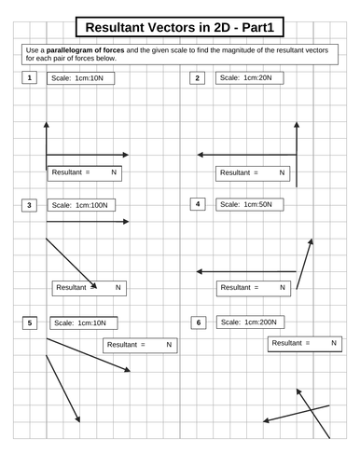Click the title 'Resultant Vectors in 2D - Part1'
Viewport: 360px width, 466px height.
click(x=180, y=27)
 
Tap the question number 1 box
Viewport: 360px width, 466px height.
click(x=30, y=77)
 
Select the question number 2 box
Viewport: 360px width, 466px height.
click(x=196, y=77)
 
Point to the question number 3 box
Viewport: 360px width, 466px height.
click(x=30, y=204)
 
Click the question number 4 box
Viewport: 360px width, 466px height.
click(x=196, y=203)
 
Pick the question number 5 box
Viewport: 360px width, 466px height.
click(x=30, y=322)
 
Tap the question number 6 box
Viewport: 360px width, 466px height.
click(x=197, y=322)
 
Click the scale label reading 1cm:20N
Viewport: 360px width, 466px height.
click(x=247, y=77)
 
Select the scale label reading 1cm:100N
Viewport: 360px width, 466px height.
click(x=81, y=204)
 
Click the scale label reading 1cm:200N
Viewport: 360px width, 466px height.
click(x=249, y=322)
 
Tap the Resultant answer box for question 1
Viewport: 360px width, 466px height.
click(x=84, y=172)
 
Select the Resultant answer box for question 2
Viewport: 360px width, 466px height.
click(x=252, y=172)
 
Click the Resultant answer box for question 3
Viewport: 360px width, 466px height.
click(x=89, y=288)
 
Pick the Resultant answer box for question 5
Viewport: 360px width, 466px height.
click(x=139, y=344)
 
